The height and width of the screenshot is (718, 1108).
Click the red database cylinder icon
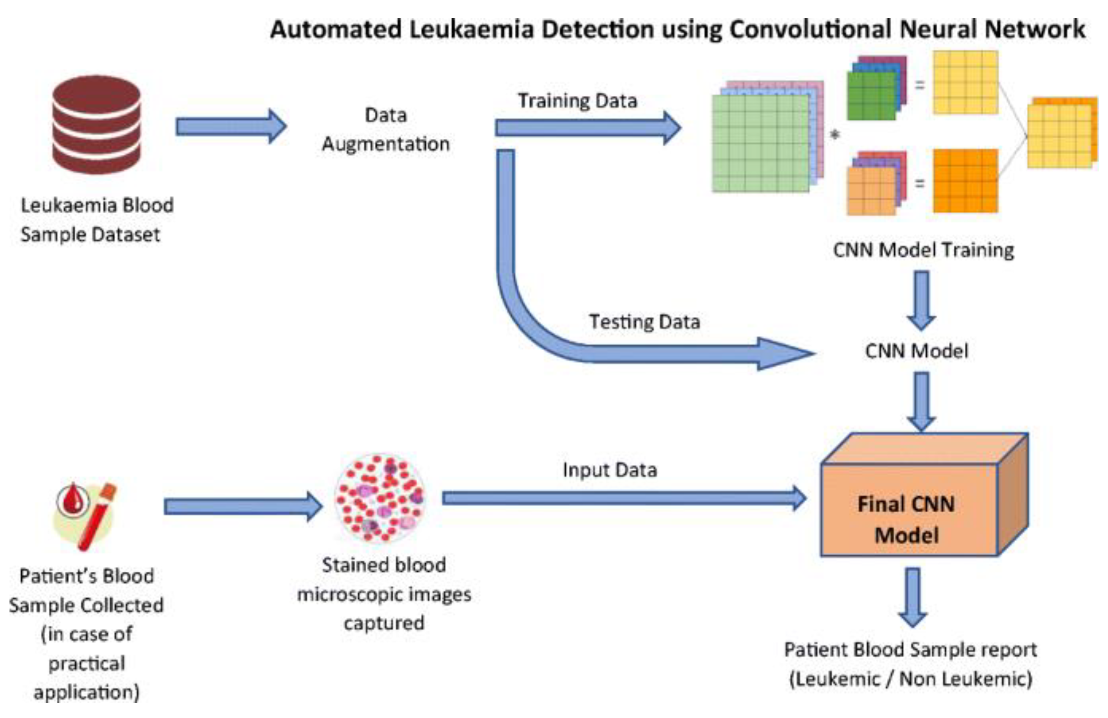pyautogui.click(x=97, y=125)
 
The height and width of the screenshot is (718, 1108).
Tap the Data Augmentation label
pyautogui.click(x=385, y=130)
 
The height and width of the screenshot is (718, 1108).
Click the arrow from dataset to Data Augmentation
pyautogui.click(x=231, y=126)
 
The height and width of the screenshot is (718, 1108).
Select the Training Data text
pyautogui.click(x=577, y=101)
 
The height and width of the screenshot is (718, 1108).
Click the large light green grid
pyautogui.click(x=760, y=143)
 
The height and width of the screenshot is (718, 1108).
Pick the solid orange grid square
pyautogui.click(x=965, y=181)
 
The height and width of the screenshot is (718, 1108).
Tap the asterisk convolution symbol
pyautogui.click(x=835, y=135)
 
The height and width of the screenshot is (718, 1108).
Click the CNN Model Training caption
pyautogui.click(x=923, y=250)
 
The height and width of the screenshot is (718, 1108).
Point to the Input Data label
pyautogui.click(x=609, y=470)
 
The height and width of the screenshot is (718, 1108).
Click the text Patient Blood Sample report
pyautogui.click(x=910, y=650)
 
